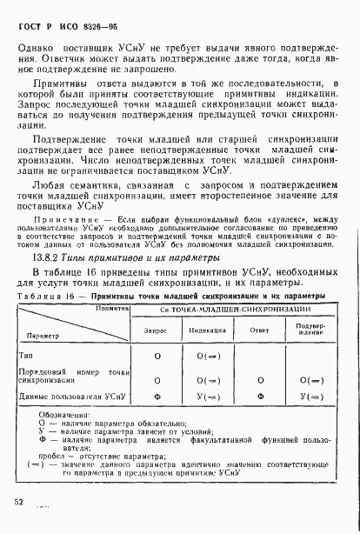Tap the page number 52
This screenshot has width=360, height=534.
tap(18, 501)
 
